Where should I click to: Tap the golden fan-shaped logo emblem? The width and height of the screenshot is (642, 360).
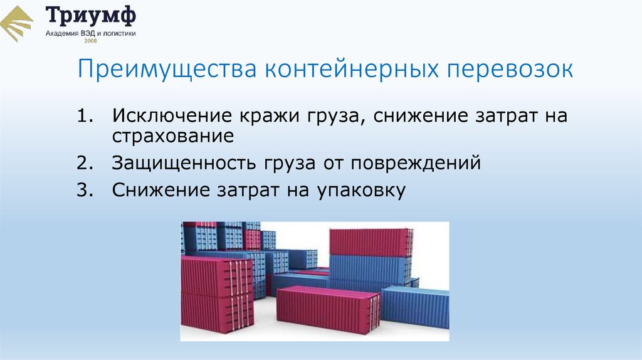point(18,23)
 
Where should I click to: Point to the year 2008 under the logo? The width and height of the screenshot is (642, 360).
point(91,40)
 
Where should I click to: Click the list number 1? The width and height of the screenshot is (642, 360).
point(85,117)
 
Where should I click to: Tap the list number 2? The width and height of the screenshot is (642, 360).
point(85,164)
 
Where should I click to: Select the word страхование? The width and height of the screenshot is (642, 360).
point(174,137)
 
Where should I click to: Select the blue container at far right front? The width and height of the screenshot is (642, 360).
point(417,307)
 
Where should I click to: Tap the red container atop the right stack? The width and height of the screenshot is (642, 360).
point(370,243)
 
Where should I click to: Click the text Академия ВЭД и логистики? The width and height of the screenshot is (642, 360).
point(91,33)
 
